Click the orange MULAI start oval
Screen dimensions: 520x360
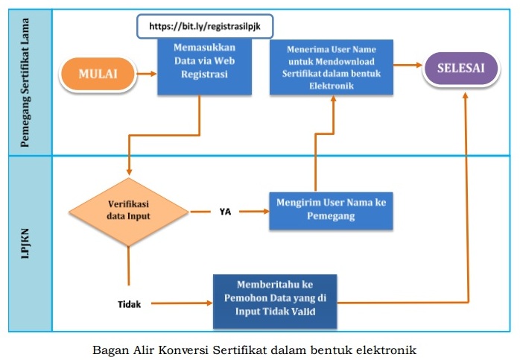point(98,74)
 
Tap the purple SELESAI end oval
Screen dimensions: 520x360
point(461,68)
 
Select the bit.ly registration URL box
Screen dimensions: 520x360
point(205,26)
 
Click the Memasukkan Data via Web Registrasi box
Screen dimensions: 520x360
point(204,66)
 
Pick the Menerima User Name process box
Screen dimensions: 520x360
point(332,67)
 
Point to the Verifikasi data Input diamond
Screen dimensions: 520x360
point(129,212)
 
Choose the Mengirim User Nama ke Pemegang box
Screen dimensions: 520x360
point(331,211)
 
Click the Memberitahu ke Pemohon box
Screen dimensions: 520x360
point(275,301)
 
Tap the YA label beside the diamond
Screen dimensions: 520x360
point(225,212)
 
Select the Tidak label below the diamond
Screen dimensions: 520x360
point(130,304)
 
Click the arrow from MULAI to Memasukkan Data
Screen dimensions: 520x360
point(147,74)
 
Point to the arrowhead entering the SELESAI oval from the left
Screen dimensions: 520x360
point(419,65)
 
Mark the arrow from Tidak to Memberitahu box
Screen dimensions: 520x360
point(182,303)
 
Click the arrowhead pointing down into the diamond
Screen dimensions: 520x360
point(129,172)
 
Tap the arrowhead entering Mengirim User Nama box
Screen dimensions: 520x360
point(266,212)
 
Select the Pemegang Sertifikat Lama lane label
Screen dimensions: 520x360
point(25,83)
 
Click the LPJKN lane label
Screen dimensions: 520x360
point(25,244)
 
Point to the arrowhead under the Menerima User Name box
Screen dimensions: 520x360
point(333,99)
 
